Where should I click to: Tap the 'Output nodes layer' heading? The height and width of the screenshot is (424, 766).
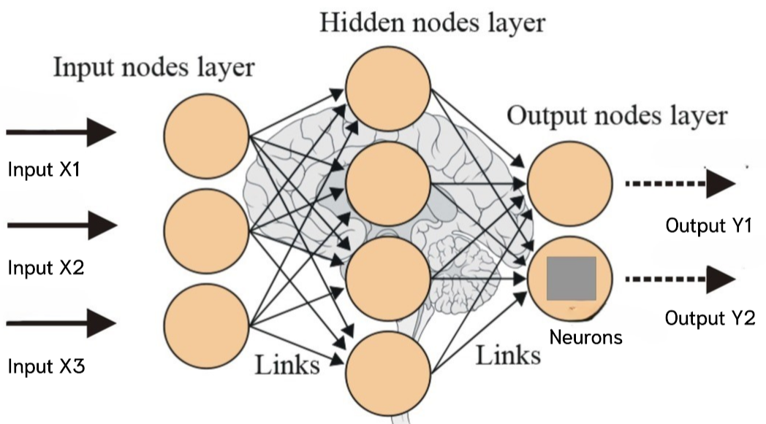pyautogui.click(x=617, y=116)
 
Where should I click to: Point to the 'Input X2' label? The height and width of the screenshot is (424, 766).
pyautogui.click(x=45, y=267)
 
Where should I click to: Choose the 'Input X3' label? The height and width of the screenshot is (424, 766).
pyautogui.click(x=45, y=366)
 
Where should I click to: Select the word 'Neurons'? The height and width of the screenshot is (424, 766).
pyautogui.click(x=585, y=337)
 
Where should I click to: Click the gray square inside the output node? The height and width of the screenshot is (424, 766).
pyautogui.click(x=572, y=279)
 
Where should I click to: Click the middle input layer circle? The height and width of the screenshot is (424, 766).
pyautogui.click(x=207, y=230)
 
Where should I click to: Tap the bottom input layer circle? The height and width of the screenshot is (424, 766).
pyautogui.click(x=207, y=325)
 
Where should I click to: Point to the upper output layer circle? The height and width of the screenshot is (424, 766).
pyautogui.click(x=569, y=182)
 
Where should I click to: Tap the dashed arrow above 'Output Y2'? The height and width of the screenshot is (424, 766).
pyautogui.click(x=680, y=279)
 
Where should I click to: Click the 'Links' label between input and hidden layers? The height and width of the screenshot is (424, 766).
pyautogui.click(x=287, y=364)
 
